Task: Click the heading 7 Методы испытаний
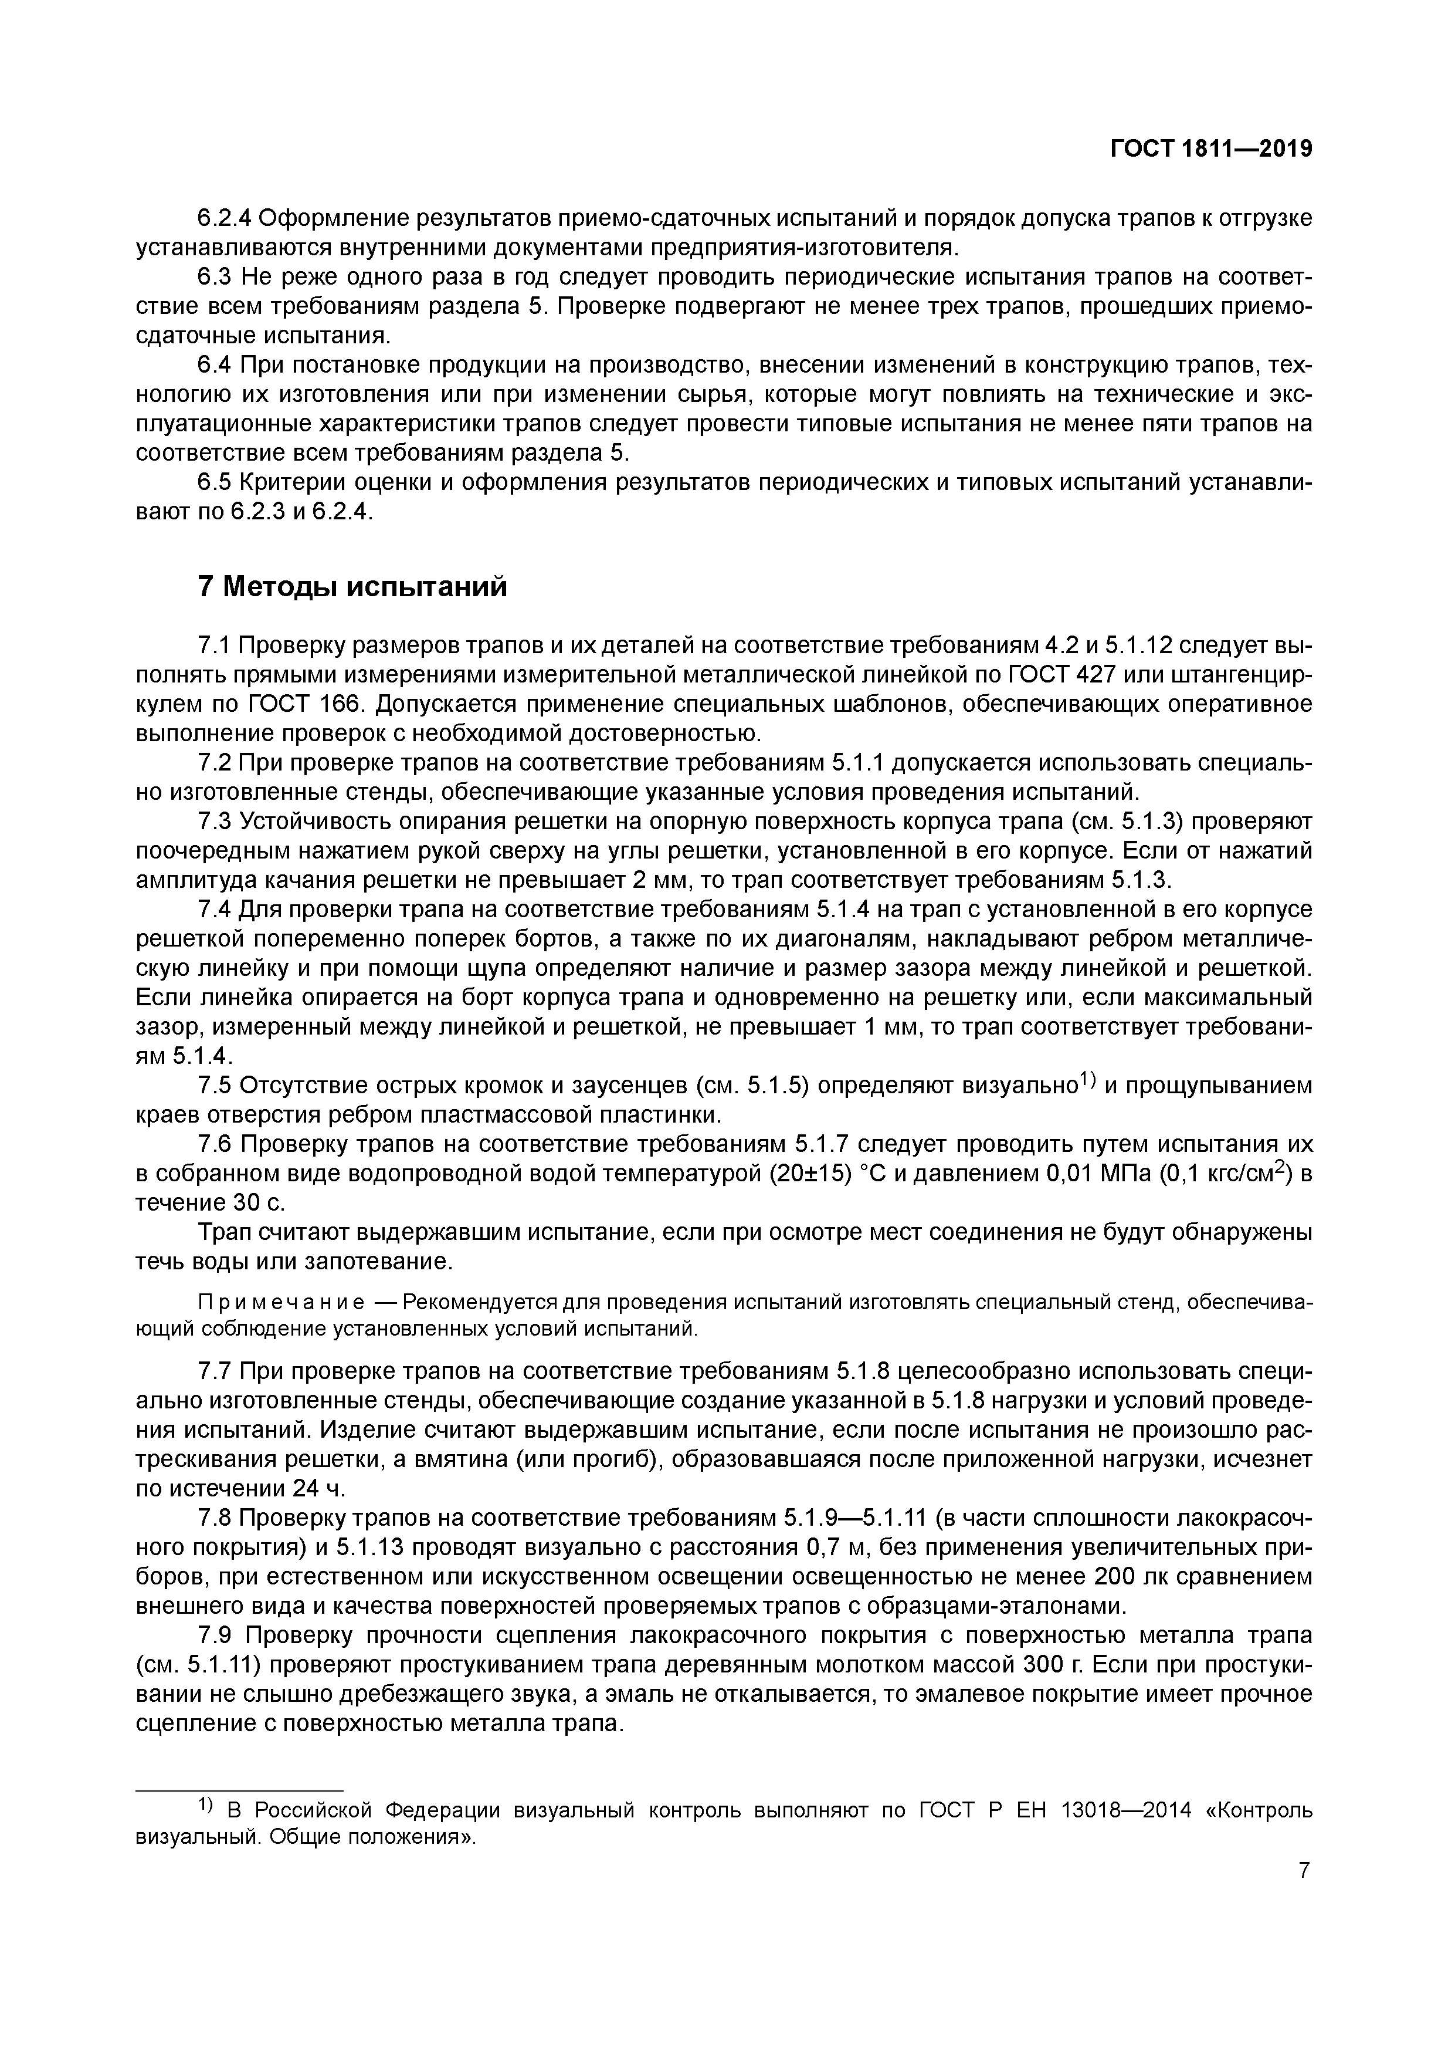[351, 587]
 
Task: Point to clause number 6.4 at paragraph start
[215, 366]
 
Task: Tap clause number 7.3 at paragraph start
[215, 822]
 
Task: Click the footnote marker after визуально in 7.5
[1087, 1082]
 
